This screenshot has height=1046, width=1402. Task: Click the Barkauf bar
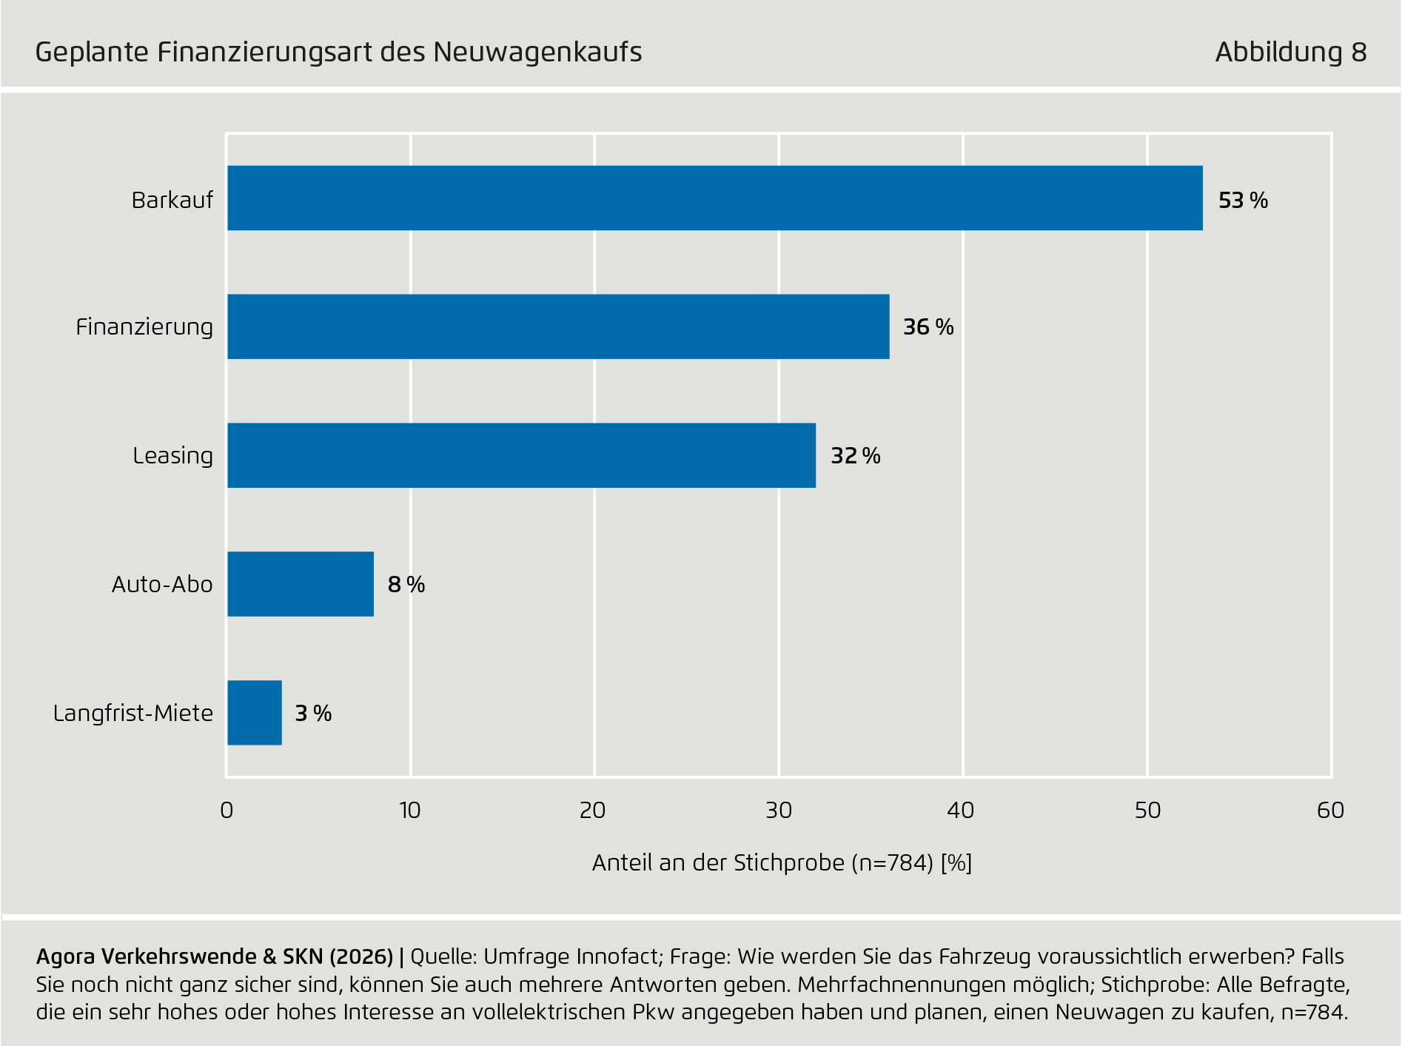tap(714, 198)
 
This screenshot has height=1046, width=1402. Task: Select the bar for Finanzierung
tap(558, 326)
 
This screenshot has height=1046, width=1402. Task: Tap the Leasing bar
tap(521, 455)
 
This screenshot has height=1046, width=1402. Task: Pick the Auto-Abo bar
tap(300, 584)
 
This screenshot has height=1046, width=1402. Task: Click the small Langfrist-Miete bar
tap(254, 713)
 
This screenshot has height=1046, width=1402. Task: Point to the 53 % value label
tap(1243, 201)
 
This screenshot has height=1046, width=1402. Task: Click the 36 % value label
tap(928, 327)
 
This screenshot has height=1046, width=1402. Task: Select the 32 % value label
tap(856, 456)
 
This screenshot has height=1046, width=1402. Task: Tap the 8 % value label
tap(406, 585)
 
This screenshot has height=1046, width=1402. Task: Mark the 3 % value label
tap(313, 714)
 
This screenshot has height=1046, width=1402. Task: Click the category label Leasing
tap(172, 456)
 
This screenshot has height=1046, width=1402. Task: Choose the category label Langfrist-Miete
tap(133, 714)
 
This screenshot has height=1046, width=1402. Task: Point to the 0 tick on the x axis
tap(227, 811)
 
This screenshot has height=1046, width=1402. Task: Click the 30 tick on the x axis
tap(779, 811)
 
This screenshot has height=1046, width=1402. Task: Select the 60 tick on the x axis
tap(1330, 811)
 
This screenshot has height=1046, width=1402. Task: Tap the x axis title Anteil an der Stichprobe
tap(781, 863)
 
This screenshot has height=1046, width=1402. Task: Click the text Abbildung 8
tap(1290, 53)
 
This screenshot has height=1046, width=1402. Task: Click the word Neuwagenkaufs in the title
tap(537, 53)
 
